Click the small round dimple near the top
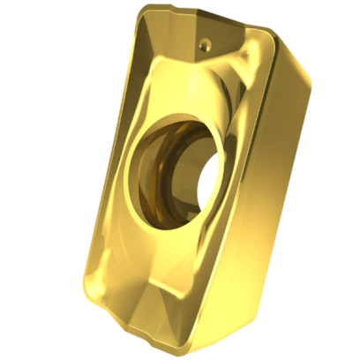(x=204, y=41)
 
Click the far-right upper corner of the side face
(x=311, y=81)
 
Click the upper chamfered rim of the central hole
(x=176, y=124)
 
